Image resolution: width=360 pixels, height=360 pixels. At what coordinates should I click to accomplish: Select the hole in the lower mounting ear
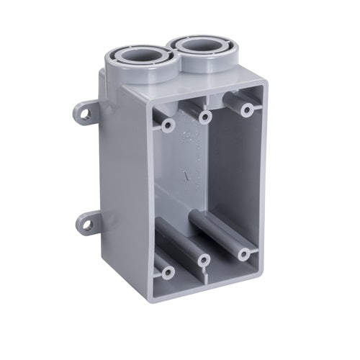(x=87, y=225)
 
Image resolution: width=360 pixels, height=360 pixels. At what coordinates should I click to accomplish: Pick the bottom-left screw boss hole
(x=167, y=273)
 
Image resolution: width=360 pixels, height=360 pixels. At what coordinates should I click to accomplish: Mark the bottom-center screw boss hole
(x=203, y=261)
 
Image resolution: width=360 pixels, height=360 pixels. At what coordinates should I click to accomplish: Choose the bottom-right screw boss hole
(x=244, y=253)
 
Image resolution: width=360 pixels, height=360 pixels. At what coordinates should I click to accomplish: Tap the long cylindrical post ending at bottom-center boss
(x=180, y=242)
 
